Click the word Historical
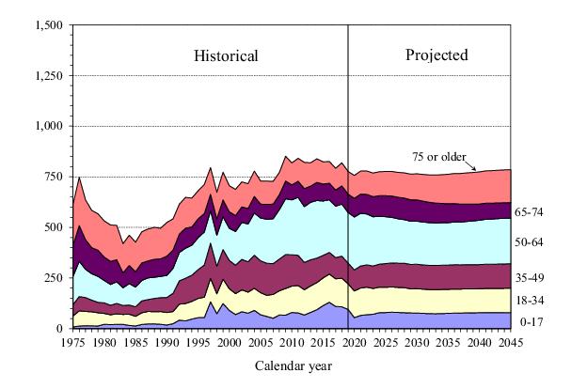[226, 55]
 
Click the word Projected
[436, 54]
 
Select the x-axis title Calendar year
[293, 365]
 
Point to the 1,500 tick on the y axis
[47, 24]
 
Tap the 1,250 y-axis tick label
[47, 75]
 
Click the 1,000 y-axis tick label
[47, 126]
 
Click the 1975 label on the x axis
[72, 343]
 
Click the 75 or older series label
[440, 156]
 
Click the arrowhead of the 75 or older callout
[489, 171]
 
